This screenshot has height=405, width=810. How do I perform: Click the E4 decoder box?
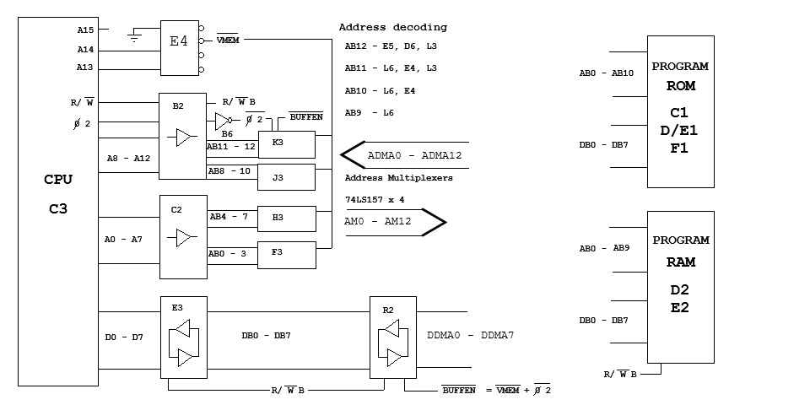(x=179, y=48)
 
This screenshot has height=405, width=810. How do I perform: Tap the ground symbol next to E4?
(x=134, y=35)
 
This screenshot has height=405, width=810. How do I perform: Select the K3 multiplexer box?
(x=287, y=144)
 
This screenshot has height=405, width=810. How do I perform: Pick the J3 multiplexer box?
(x=286, y=177)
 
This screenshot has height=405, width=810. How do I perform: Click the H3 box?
(x=287, y=219)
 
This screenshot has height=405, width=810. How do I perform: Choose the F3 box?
(x=287, y=255)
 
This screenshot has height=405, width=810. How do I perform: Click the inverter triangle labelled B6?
(x=222, y=121)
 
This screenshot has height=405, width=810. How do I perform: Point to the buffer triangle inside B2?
(x=183, y=138)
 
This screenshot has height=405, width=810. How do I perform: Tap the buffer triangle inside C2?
(x=184, y=237)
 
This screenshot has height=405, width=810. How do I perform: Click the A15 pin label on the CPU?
(x=86, y=30)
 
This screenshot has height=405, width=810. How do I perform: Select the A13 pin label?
(x=86, y=67)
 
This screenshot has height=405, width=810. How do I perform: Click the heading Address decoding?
(x=393, y=27)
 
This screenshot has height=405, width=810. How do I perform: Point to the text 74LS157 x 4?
(x=375, y=199)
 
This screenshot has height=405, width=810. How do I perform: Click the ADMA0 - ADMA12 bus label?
(x=414, y=155)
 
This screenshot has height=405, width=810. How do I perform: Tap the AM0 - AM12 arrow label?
(x=378, y=222)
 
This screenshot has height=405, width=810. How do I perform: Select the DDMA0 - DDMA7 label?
(x=471, y=335)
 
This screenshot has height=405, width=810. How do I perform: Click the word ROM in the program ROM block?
(x=681, y=86)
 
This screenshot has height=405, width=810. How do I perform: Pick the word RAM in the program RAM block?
(x=681, y=262)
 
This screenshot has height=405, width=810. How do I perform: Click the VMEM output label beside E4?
(x=227, y=40)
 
